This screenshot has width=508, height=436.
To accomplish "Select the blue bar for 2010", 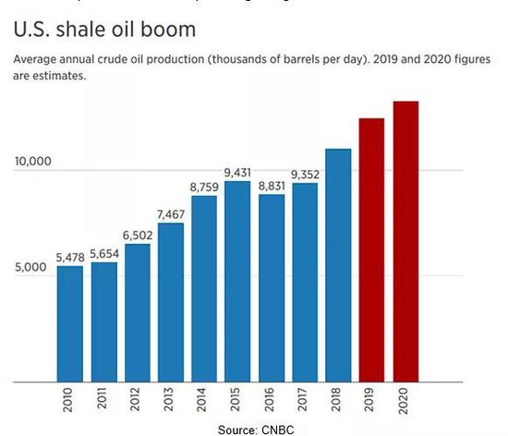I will click(x=70, y=323).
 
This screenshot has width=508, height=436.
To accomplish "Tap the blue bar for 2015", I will click(x=237, y=281).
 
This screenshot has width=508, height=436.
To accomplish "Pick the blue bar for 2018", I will click(x=338, y=264).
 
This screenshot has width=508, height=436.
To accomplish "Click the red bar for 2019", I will click(x=371, y=249).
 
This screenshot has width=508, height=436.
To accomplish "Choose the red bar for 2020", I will click(x=405, y=241).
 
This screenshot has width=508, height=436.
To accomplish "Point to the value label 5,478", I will click(x=70, y=258).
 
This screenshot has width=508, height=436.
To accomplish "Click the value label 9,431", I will click(x=237, y=173).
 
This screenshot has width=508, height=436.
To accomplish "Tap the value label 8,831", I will click(x=272, y=186).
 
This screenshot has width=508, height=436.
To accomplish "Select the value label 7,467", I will click(x=171, y=214).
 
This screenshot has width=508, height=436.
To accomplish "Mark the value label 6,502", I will click(x=137, y=236).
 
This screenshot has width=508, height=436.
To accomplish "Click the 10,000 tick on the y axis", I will click(x=33, y=163).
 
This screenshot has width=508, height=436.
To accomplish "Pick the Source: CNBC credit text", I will click(x=253, y=429).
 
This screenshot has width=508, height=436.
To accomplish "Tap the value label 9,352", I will click(x=305, y=175).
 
